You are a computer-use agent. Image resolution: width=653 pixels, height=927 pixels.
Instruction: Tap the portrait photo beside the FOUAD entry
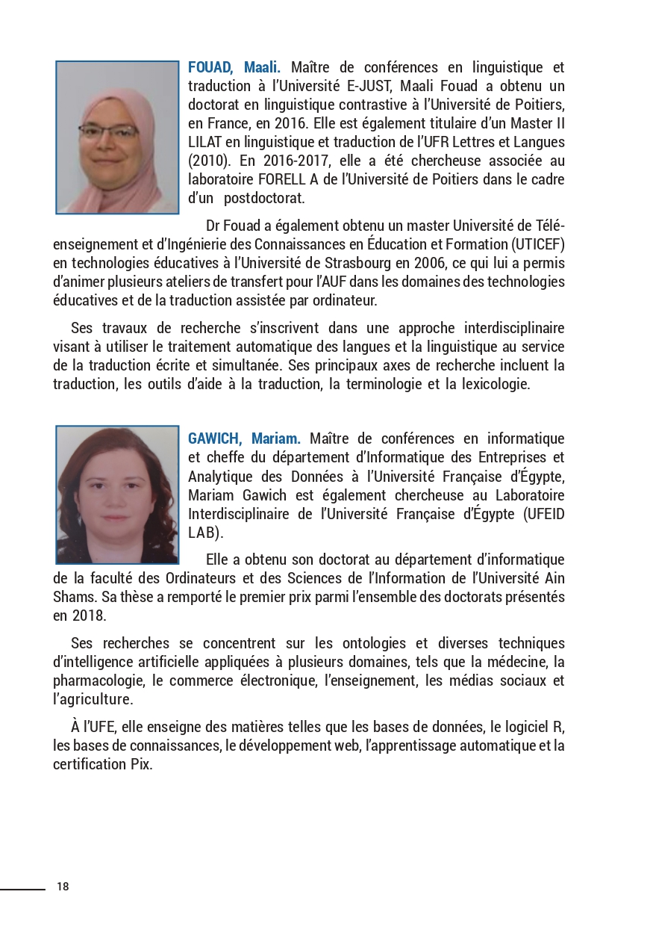tap(117, 137)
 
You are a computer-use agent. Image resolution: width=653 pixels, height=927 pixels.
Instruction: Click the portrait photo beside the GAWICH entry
tap(117, 494)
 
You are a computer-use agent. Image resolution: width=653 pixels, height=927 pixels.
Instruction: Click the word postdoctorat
tap(264, 199)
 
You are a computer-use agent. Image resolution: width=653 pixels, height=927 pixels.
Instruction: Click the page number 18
tap(63, 887)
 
